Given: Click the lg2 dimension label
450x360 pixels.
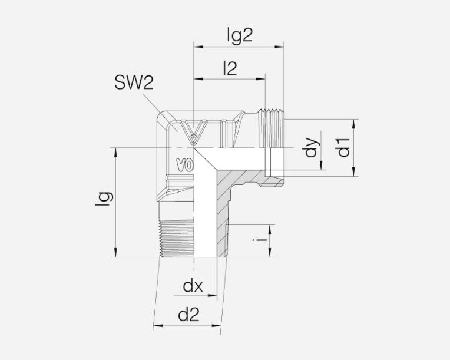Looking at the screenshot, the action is click(x=240, y=35).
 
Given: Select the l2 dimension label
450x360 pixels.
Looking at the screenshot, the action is click(x=230, y=69).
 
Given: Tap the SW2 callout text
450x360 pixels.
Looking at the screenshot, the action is click(x=134, y=82).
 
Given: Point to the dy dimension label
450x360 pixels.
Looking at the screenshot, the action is click(x=312, y=147).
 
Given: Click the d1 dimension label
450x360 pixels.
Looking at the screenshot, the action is click(x=343, y=147).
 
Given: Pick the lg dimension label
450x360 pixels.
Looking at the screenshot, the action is click(x=104, y=199).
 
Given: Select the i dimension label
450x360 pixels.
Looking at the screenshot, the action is click(x=260, y=240).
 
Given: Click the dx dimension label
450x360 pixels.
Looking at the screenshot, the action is click(x=193, y=286).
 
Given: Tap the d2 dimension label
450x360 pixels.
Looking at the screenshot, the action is click(x=188, y=315).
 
